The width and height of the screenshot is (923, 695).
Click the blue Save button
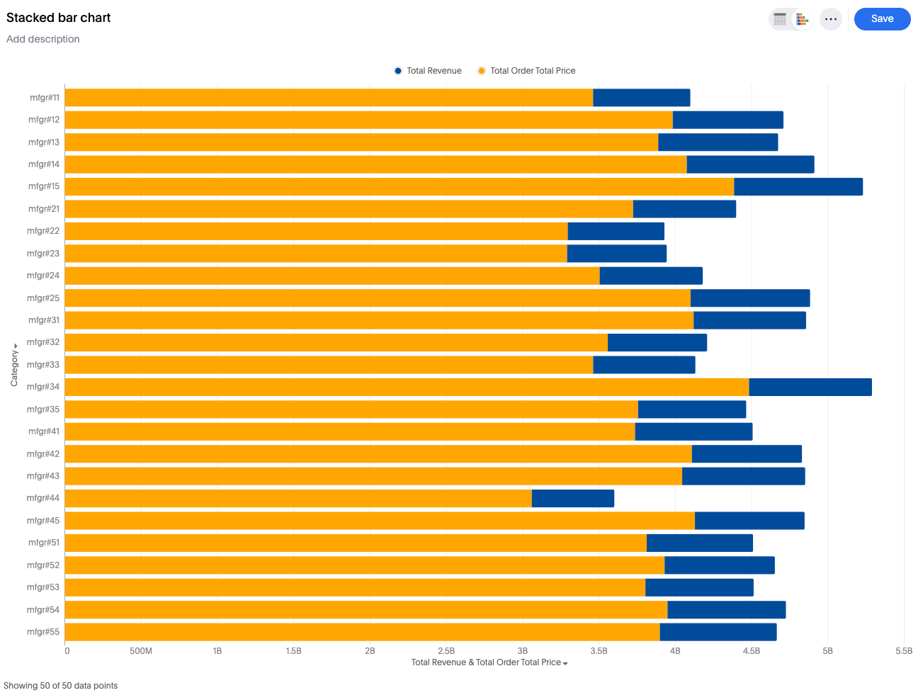pos(882,19)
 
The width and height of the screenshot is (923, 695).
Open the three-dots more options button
pos(831,19)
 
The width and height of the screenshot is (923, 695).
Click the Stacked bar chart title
pos(59,18)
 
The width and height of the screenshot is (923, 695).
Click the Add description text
pos(43,39)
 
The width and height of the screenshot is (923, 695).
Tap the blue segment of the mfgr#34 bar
pos(810,387)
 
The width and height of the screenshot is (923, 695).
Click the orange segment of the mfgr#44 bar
pos(298,499)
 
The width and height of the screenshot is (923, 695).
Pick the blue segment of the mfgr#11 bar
pos(641,98)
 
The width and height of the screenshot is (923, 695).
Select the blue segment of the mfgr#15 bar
pos(798,187)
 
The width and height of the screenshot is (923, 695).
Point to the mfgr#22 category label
pos(43,231)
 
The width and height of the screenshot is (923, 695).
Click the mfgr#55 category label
pos(43,632)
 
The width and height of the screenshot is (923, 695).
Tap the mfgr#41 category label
pos(44,431)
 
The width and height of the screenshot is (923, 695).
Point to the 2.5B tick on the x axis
pos(446,650)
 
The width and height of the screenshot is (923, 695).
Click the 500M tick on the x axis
pos(141,650)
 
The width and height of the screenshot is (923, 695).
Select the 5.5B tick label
pos(904,650)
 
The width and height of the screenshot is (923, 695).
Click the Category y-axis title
pos(14,366)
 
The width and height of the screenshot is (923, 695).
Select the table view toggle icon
pos(780,19)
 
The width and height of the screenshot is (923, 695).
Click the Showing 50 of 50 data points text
pos(61,686)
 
